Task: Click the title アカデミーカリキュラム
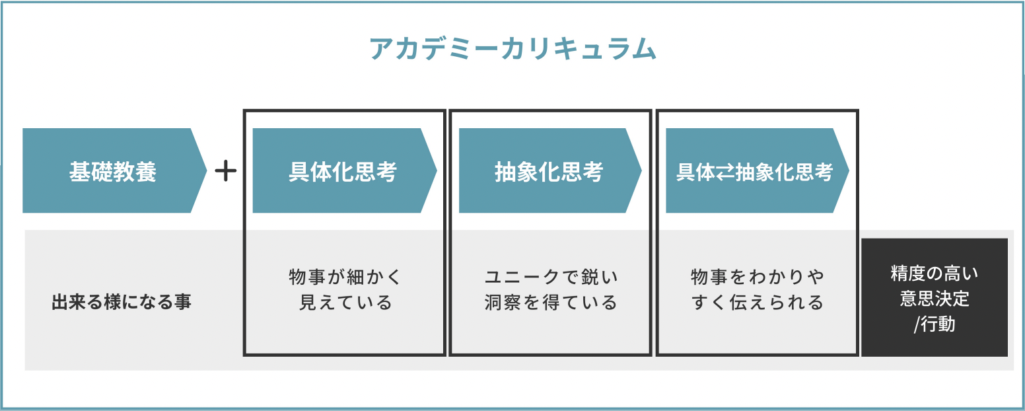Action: coord(512,50)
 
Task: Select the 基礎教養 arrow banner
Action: coord(113,171)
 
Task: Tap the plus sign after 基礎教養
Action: coord(226,172)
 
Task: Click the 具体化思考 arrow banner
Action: coord(343,171)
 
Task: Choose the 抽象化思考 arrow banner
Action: coord(549,171)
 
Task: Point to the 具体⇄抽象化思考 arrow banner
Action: coord(755,171)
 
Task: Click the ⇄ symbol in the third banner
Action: coord(725,172)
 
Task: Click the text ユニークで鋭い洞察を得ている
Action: coord(551,289)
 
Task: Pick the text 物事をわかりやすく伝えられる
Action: coord(758,289)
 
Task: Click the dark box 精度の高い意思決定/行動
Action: coord(935,297)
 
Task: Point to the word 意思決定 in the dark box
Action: coord(935,299)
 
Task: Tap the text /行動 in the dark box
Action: coord(935,324)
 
